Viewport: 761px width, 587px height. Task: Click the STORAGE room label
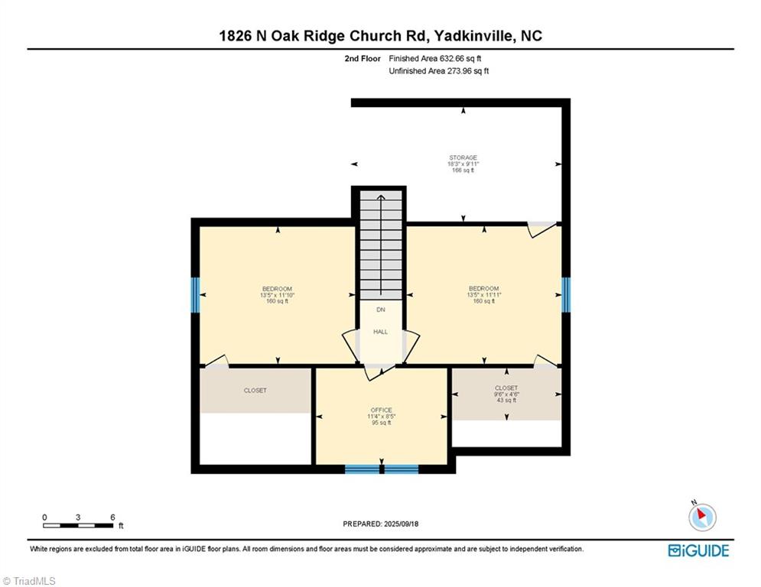[463, 157]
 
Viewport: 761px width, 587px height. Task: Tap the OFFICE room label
[381, 410]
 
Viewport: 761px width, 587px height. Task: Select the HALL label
[380, 332]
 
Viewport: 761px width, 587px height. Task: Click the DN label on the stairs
[380, 310]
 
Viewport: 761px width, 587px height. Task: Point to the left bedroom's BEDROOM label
[277, 288]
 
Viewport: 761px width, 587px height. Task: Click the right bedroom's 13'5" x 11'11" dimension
[484, 294]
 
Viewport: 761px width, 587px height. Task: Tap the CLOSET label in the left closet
[255, 391]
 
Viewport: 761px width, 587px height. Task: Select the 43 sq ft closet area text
[506, 400]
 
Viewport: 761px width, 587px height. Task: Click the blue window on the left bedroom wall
[196, 294]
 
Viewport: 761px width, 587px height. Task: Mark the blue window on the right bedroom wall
[565, 294]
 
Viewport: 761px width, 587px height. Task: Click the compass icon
[701, 517]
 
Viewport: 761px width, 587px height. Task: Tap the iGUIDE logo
[698, 550]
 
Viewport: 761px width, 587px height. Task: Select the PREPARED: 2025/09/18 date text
[381, 524]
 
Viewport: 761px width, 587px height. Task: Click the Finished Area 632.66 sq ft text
[435, 58]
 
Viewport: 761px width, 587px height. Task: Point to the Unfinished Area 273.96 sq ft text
[439, 71]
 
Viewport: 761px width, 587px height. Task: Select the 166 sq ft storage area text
[463, 170]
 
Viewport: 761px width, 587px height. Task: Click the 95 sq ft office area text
[381, 423]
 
